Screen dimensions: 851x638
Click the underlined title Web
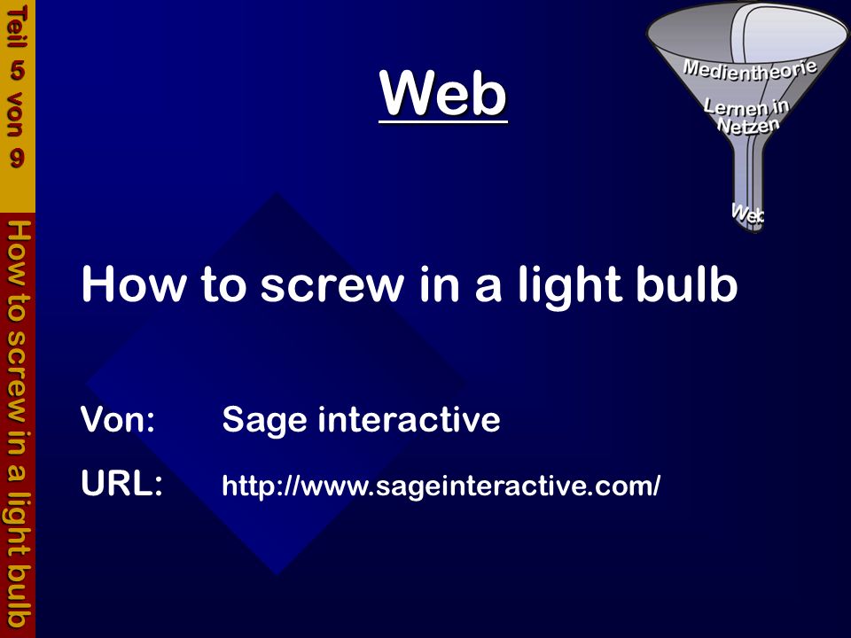[443, 93]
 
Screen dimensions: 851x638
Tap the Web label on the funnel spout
[748, 213]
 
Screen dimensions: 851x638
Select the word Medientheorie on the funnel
[750, 69]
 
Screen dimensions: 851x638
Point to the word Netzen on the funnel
[748, 125]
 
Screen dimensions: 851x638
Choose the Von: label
[118, 419]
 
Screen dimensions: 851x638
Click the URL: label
[121, 483]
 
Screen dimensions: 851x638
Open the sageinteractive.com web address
[441, 486]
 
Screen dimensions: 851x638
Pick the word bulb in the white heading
[686, 283]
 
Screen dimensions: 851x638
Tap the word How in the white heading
[133, 284]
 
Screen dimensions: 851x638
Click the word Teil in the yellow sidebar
[17, 27]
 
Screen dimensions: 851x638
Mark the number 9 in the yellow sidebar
[17, 159]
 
